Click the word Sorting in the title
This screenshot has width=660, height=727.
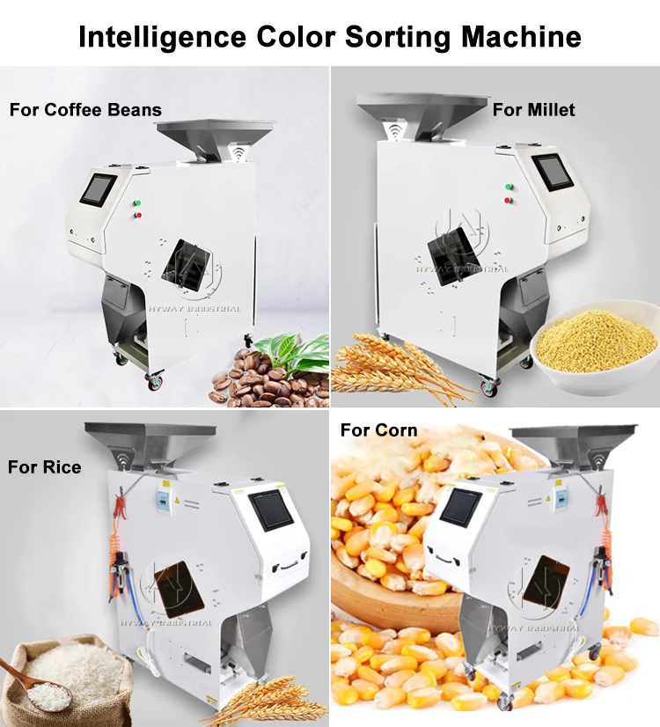pos(388,38)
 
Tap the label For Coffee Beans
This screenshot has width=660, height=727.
pos(85,110)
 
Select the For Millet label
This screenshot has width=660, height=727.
pos(533,109)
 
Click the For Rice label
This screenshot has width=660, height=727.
pos(44,466)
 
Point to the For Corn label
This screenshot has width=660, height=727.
pos(378,430)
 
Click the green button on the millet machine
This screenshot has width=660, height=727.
pos(508,187)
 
